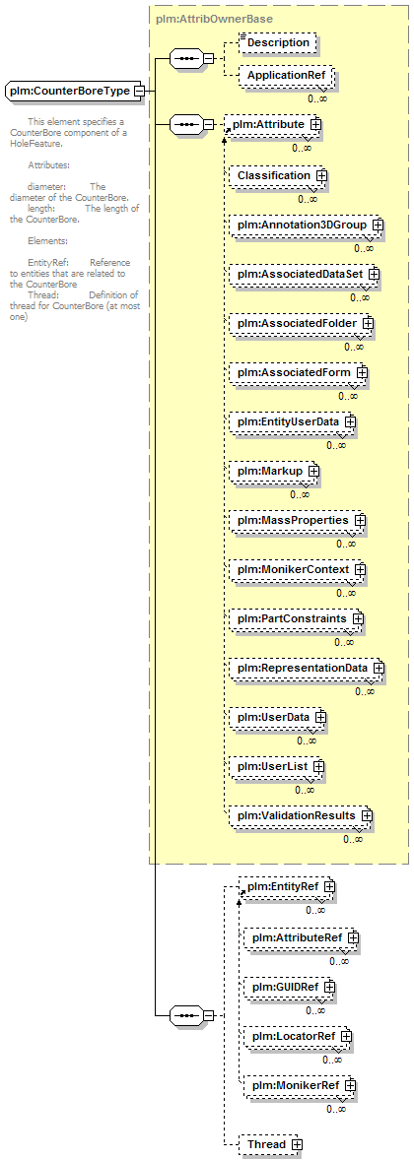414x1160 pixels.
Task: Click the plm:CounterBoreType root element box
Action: point(73,91)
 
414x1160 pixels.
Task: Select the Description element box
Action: point(278,43)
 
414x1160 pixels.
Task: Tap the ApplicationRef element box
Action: point(286,76)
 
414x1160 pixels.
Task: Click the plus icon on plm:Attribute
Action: point(315,125)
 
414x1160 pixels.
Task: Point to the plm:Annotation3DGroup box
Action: point(306,225)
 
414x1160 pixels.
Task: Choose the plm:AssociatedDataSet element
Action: point(304,275)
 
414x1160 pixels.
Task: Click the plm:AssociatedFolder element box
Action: point(301,324)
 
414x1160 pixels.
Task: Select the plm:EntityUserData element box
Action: point(293,421)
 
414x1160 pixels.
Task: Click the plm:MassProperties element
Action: point(297,520)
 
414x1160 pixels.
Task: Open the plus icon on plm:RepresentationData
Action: point(379,668)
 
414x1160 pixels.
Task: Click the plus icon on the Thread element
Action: point(297,1144)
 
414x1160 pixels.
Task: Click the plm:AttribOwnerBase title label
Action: point(203,18)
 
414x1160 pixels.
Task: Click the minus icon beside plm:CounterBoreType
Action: point(139,91)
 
